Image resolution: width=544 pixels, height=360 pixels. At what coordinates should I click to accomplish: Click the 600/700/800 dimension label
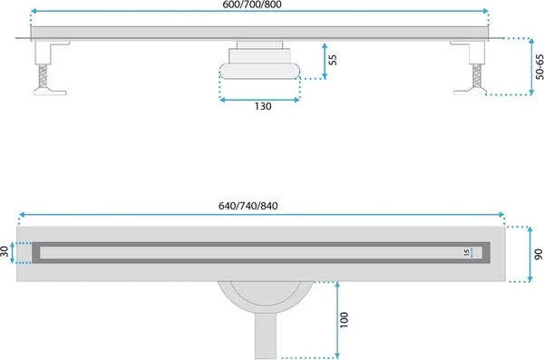[x=252, y=5]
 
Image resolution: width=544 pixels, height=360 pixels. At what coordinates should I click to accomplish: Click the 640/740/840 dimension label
[x=248, y=206]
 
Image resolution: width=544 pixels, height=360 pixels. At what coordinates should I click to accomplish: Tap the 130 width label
[x=263, y=106]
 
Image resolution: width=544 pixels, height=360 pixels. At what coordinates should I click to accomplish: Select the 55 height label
[x=333, y=60]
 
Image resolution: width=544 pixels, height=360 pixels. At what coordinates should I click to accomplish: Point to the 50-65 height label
[x=539, y=67]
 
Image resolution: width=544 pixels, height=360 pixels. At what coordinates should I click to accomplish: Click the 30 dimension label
[x=5, y=251]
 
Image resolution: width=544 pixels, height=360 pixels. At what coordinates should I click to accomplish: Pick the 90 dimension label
[x=538, y=255]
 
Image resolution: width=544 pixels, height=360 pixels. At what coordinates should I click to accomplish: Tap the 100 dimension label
[x=344, y=320]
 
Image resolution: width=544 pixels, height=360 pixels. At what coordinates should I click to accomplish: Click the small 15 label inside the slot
[x=467, y=252]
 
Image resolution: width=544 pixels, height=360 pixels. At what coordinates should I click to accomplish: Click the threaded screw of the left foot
[x=43, y=76]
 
